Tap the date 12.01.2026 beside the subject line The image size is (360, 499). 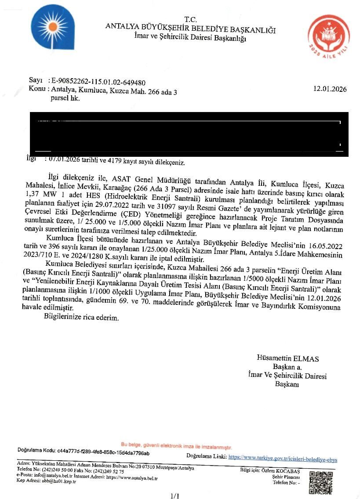click(330, 89)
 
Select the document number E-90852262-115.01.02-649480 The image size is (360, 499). click(98, 82)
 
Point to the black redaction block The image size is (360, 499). click(189, 134)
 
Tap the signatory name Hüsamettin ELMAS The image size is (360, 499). click(288, 358)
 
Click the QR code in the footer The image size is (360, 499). click(320, 482)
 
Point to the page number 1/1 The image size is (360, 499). click(175, 496)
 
